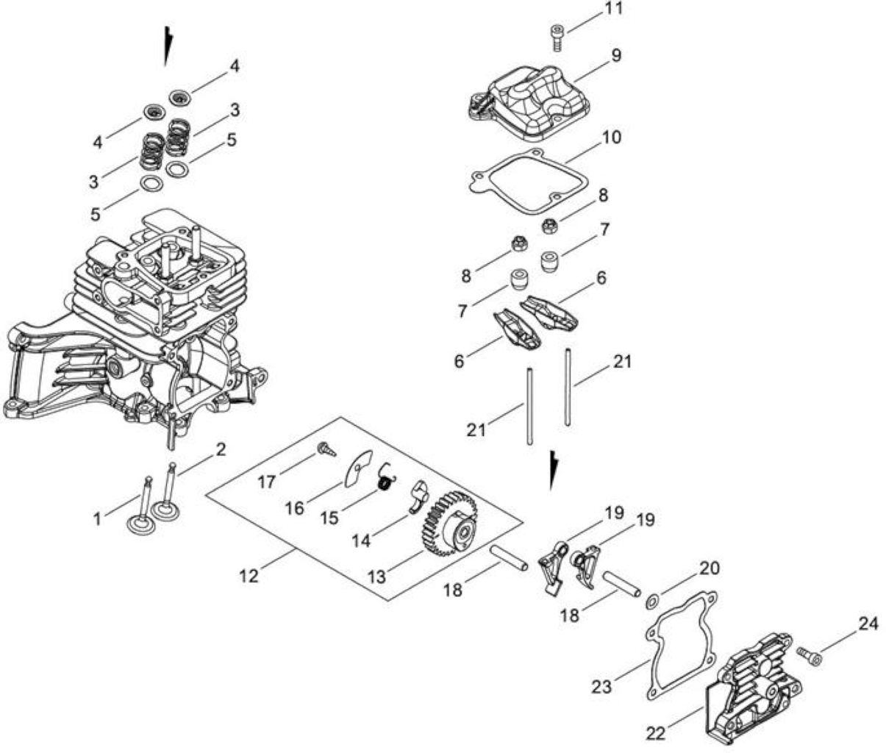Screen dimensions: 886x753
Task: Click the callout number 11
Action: pos(612,9)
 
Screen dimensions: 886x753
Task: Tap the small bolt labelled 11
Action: pos(557,38)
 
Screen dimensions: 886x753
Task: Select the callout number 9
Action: pos(615,56)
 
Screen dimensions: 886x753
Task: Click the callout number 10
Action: pos(611,138)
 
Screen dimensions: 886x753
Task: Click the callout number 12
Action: pos(249,576)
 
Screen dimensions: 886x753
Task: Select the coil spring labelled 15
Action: pos(387,477)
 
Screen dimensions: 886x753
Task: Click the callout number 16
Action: pos(295,509)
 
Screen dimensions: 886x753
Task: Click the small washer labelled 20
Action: pos(651,602)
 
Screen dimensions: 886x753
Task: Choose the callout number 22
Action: pos(656,734)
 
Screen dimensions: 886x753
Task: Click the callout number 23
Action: pos(601,688)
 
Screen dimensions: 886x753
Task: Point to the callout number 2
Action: pos(221,449)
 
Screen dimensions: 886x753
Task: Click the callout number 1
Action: pos(97,519)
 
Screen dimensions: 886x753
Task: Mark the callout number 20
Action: pos(710,568)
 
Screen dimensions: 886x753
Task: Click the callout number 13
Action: pos(378,577)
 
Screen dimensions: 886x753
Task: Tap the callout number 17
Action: pos(266,483)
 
